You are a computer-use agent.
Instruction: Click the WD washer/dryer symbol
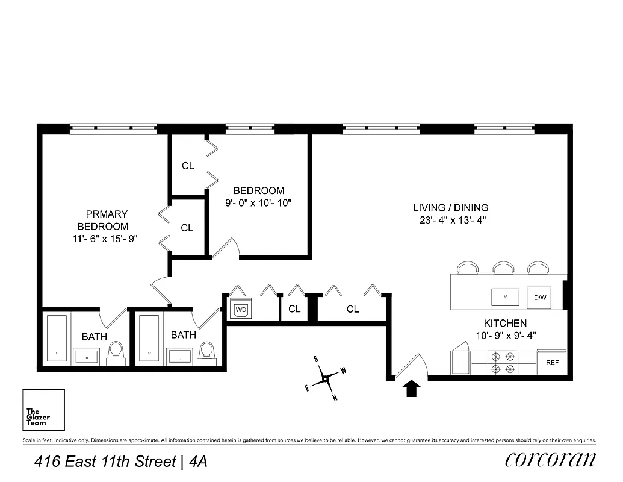[241, 310]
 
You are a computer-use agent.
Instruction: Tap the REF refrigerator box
[551, 362]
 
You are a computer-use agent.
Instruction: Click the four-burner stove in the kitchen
[503, 362]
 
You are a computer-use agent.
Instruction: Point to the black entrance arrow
[411, 389]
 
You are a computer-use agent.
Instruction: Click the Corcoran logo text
[551, 460]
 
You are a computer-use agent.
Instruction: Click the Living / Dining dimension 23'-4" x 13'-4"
[450, 220]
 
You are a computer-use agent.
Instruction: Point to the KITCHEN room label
[505, 323]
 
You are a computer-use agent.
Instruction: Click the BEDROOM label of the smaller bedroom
[259, 190]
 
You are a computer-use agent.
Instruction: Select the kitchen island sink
[504, 296]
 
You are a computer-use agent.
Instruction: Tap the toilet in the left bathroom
[116, 353]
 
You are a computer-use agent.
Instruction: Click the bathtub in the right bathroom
[149, 338]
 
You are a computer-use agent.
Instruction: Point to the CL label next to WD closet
[294, 309]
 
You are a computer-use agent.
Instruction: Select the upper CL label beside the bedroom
[188, 166]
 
